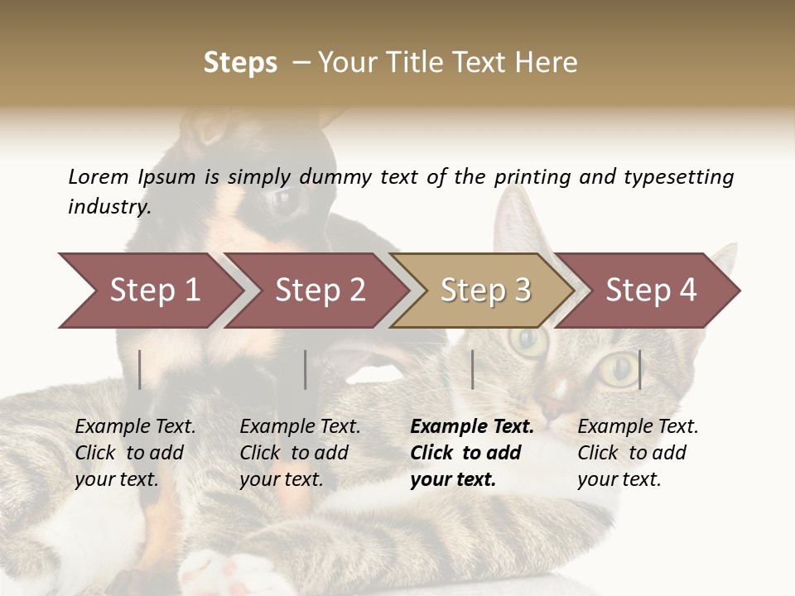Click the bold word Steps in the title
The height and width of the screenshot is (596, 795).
click(240, 63)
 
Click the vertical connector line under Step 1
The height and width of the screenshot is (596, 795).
click(140, 369)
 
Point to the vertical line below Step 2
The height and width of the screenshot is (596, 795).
click(306, 369)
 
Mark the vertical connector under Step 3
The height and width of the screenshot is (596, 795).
click(472, 369)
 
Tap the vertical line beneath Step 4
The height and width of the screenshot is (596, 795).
click(639, 369)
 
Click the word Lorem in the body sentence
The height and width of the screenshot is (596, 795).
click(99, 177)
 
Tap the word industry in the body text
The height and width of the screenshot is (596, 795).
click(108, 207)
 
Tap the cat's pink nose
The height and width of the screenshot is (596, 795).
click(553, 403)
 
